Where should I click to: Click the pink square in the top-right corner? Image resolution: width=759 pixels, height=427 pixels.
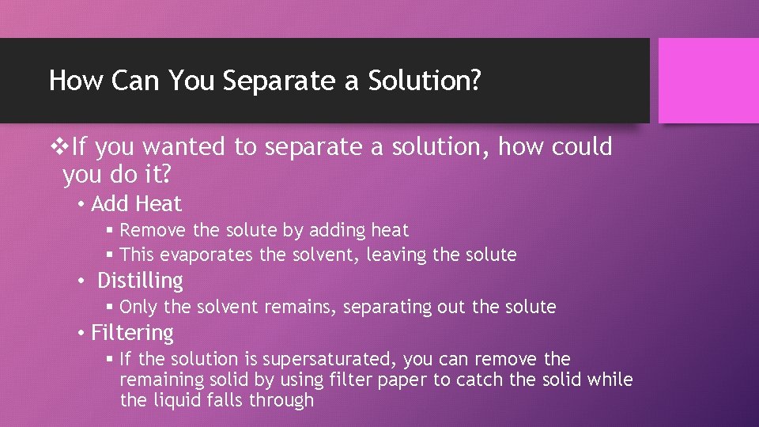point(708,81)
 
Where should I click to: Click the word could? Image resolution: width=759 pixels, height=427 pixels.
point(580,146)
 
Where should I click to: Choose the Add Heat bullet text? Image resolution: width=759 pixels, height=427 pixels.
point(136,204)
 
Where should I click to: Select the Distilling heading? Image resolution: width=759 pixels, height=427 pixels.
point(140,281)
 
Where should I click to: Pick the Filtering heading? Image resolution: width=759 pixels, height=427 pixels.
point(132,333)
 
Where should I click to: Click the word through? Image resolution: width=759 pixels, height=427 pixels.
point(281,400)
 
